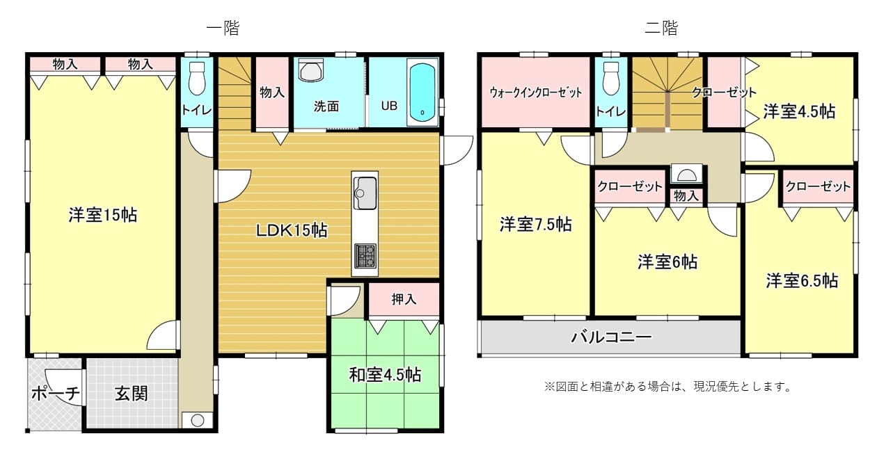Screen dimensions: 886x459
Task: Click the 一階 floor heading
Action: coord(223,28)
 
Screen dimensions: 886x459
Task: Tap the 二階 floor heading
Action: coord(661,28)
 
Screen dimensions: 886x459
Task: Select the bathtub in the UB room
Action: coord(422,92)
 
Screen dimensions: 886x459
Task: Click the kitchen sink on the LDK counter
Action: coord(365,193)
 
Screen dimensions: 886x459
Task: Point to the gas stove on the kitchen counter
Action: coord(365,255)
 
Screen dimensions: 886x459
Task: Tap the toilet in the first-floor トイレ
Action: coord(197,79)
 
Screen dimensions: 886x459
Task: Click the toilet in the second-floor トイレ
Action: coord(611,79)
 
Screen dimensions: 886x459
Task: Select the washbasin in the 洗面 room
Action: coord(311,70)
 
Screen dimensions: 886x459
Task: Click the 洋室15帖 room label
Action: coord(103,215)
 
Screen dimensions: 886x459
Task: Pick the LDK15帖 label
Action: coord(292,230)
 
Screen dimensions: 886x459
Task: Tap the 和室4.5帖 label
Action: coord(385,374)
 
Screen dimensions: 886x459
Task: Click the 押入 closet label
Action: coord(404,299)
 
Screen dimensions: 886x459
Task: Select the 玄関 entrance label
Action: coord(132,394)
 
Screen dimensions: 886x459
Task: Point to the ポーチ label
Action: coord(56,394)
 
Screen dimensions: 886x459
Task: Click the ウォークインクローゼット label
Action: coord(536,93)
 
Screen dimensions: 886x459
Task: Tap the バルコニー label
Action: coord(611,337)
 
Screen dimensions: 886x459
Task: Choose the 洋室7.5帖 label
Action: coord(535,225)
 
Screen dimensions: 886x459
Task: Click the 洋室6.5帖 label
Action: coord(802,281)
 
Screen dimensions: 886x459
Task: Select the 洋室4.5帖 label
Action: coord(799,111)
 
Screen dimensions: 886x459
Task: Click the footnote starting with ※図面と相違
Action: coord(667,387)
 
